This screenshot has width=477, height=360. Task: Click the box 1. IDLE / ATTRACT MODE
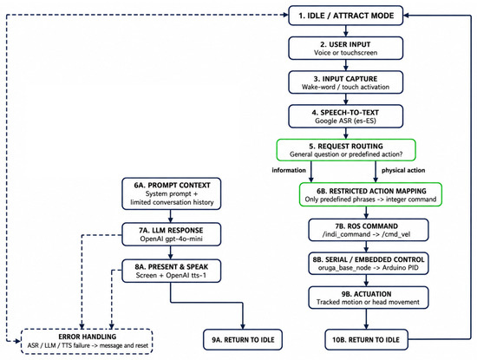pyautogui.click(x=345, y=16)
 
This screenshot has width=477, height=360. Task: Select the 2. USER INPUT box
pyautogui.click(x=345, y=48)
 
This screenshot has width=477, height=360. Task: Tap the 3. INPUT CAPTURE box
pyautogui.click(x=345, y=82)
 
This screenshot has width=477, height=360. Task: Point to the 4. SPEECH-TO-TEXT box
pyautogui.click(x=345, y=116)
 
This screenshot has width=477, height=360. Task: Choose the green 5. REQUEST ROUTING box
pyautogui.click(x=346, y=150)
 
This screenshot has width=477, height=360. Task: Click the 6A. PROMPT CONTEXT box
pyautogui.click(x=172, y=193)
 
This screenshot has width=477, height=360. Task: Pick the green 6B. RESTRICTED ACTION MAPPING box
pyautogui.click(x=370, y=195)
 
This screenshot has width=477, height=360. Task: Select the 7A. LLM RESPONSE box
pyautogui.click(x=172, y=234)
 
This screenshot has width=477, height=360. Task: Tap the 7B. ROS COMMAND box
pyautogui.click(x=369, y=230)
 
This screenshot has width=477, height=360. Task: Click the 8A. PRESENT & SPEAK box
pyautogui.click(x=172, y=271)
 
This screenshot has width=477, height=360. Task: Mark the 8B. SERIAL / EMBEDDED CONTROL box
pyautogui.click(x=369, y=264)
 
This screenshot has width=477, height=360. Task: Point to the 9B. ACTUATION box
pyautogui.click(x=369, y=298)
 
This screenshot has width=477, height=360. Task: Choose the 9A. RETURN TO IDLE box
pyautogui.click(x=243, y=339)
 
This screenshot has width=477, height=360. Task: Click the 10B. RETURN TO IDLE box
pyautogui.click(x=366, y=339)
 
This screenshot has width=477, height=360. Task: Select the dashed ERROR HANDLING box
pyautogui.click(x=87, y=341)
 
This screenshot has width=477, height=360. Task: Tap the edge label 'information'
pyautogui.click(x=289, y=170)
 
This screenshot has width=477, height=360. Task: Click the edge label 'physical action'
pyautogui.click(x=403, y=170)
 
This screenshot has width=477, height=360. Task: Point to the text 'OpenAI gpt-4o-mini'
pyautogui.click(x=171, y=239)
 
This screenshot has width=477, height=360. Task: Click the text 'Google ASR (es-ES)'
pyautogui.click(x=345, y=121)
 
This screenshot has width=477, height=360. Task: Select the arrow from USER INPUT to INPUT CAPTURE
pyautogui.click(x=345, y=65)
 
